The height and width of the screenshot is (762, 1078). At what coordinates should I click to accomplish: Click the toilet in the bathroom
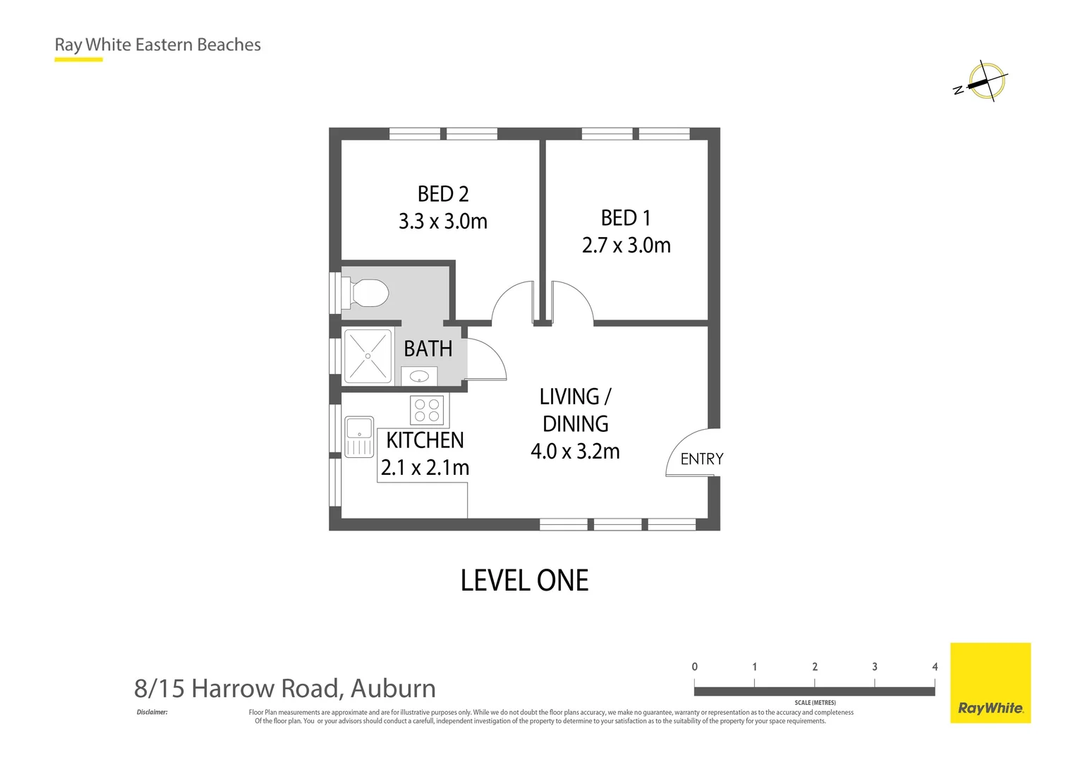point(367,293)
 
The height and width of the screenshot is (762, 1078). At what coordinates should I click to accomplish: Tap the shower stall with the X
point(368,356)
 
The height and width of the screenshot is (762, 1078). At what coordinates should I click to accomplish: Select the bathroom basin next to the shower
point(419,376)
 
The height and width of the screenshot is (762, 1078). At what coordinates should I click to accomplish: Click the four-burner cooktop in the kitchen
point(428,411)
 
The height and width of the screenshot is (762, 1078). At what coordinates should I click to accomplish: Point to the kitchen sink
point(359,437)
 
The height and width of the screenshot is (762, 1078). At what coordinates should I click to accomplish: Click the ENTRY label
point(701,459)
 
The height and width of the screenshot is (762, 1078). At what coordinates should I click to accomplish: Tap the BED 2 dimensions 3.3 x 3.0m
point(443,222)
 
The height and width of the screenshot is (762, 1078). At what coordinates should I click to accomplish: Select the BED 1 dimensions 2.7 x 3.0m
point(626,246)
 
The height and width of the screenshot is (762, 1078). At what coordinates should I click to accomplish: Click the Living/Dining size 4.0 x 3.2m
point(575,452)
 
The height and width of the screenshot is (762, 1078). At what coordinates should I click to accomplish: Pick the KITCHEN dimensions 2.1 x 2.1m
point(425,468)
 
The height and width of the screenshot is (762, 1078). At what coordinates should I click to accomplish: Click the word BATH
point(428,349)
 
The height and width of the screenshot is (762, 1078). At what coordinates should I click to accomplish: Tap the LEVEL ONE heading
point(524,581)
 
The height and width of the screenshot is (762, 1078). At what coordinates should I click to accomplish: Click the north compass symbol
point(984,82)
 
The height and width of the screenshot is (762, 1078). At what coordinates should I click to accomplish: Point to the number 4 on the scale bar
point(934,667)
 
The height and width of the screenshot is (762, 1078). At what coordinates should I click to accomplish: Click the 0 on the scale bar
point(694,667)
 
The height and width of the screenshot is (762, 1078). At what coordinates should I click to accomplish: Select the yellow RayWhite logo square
point(990,682)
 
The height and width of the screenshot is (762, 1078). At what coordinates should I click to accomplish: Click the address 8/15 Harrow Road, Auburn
point(285,688)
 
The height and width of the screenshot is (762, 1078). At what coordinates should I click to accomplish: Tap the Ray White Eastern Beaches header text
point(158,44)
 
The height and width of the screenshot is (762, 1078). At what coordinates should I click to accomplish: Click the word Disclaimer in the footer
point(152,712)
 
